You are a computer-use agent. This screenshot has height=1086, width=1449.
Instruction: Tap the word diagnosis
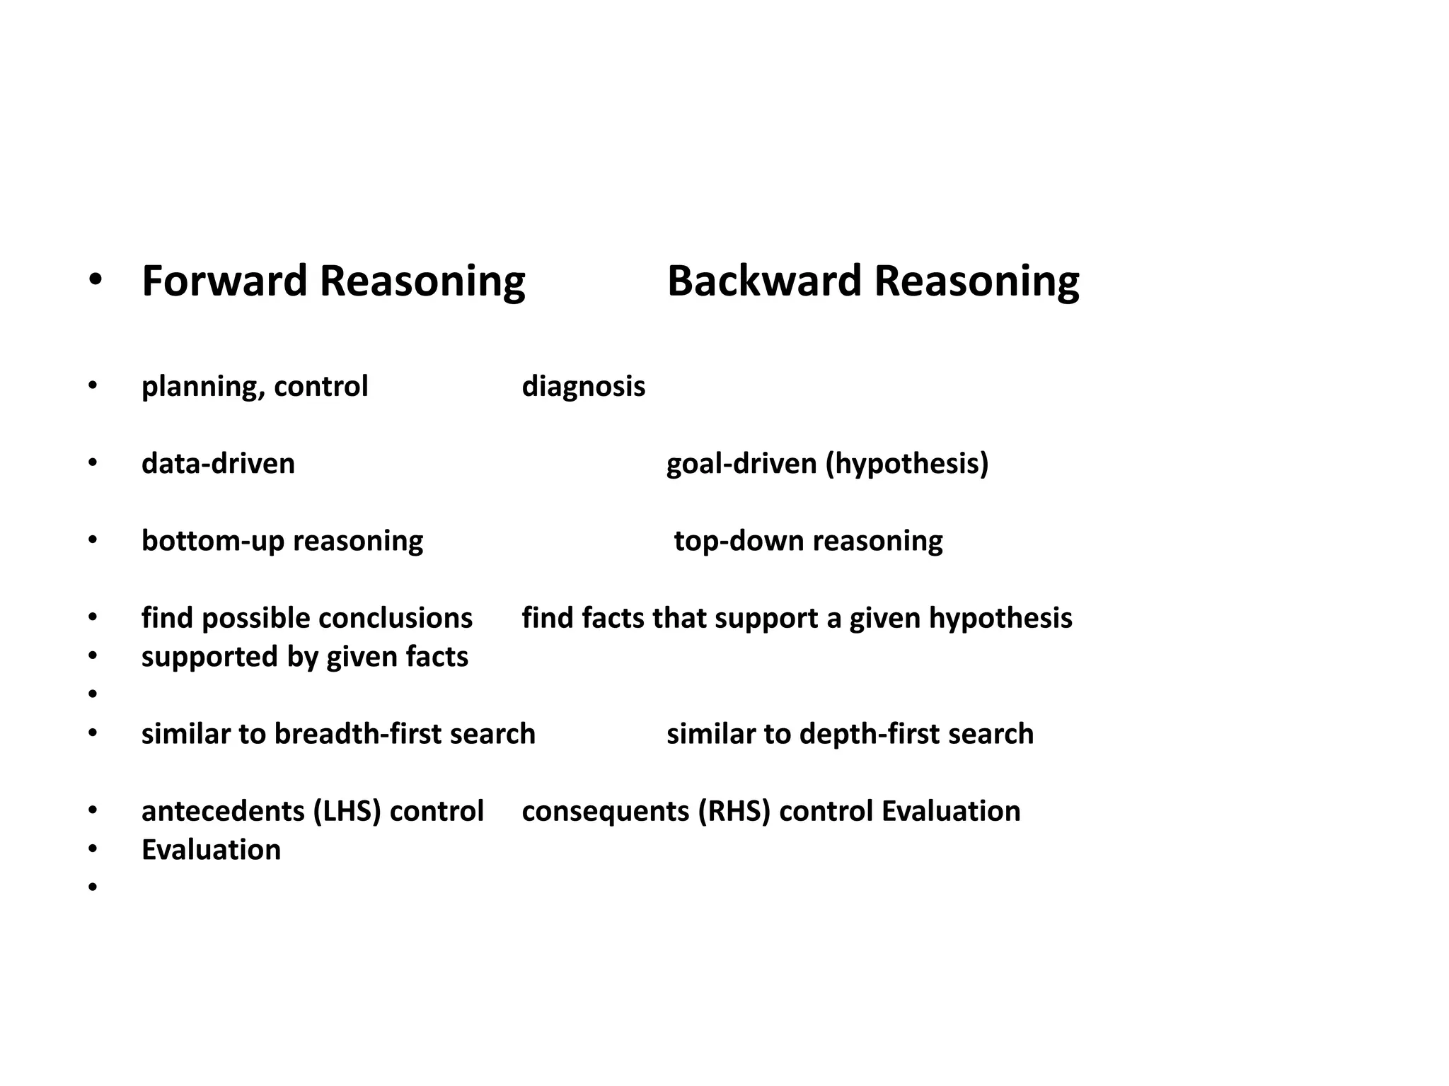tap(583, 387)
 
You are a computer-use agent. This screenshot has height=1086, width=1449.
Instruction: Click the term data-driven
tap(218, 464)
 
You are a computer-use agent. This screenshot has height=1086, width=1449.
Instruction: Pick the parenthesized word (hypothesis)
tap(906, 464)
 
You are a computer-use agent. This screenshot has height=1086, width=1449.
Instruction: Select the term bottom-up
tap(212, 541)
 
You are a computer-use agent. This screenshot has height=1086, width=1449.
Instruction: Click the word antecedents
tap(222, 811)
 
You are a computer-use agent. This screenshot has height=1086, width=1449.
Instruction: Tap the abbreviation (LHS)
tap(347, 811)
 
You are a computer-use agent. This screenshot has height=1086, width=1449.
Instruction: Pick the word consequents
tap(605, 811)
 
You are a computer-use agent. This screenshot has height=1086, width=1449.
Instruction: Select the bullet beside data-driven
tap(92, 464)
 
